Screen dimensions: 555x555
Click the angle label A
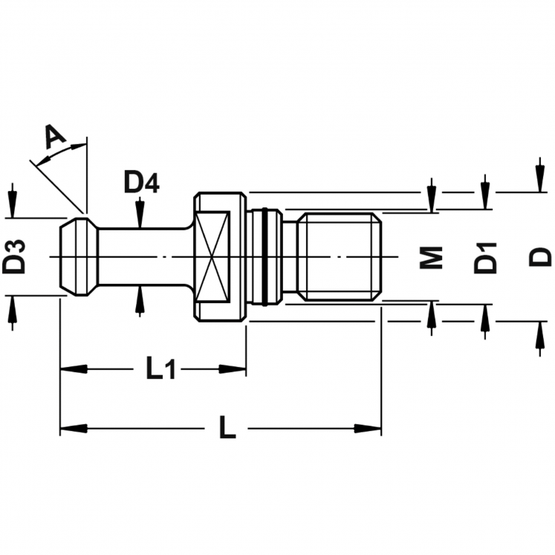[x=56, y=137]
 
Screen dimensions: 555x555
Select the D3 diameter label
[x=14, y=257]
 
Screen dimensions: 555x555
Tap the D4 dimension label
[x=142, y=184]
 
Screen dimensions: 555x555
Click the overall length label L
[x=227, y=427]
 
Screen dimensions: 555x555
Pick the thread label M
[x=431, y=257]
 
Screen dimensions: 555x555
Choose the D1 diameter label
[x=485, y=258]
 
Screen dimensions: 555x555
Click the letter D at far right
[x=540, y=257]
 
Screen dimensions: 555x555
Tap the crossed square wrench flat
[x=211, y=257]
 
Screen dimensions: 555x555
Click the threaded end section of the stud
[x=339, y=257]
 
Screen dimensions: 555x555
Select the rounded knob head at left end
[x=79, y=257]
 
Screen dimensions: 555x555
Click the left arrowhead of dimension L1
[x=74, y=369]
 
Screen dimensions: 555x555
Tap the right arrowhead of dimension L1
[x=233, y=369]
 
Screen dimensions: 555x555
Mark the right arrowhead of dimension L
[x=368, y=428]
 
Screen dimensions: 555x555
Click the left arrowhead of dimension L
[x=74, y=428]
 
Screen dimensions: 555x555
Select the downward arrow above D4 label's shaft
[x=140, y=212]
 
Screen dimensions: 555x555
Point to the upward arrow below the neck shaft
[x=140, y=302]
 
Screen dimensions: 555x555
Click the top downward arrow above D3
[x=13, y=201]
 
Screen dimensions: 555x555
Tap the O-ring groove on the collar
[x=264, y=257]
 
